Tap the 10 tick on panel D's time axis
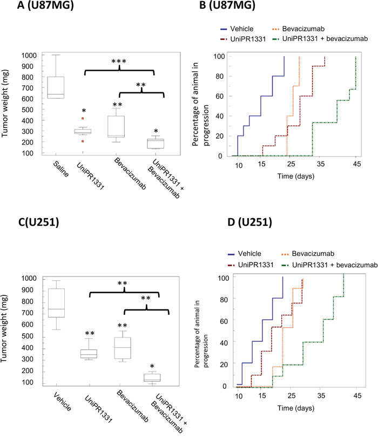(239, 396)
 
